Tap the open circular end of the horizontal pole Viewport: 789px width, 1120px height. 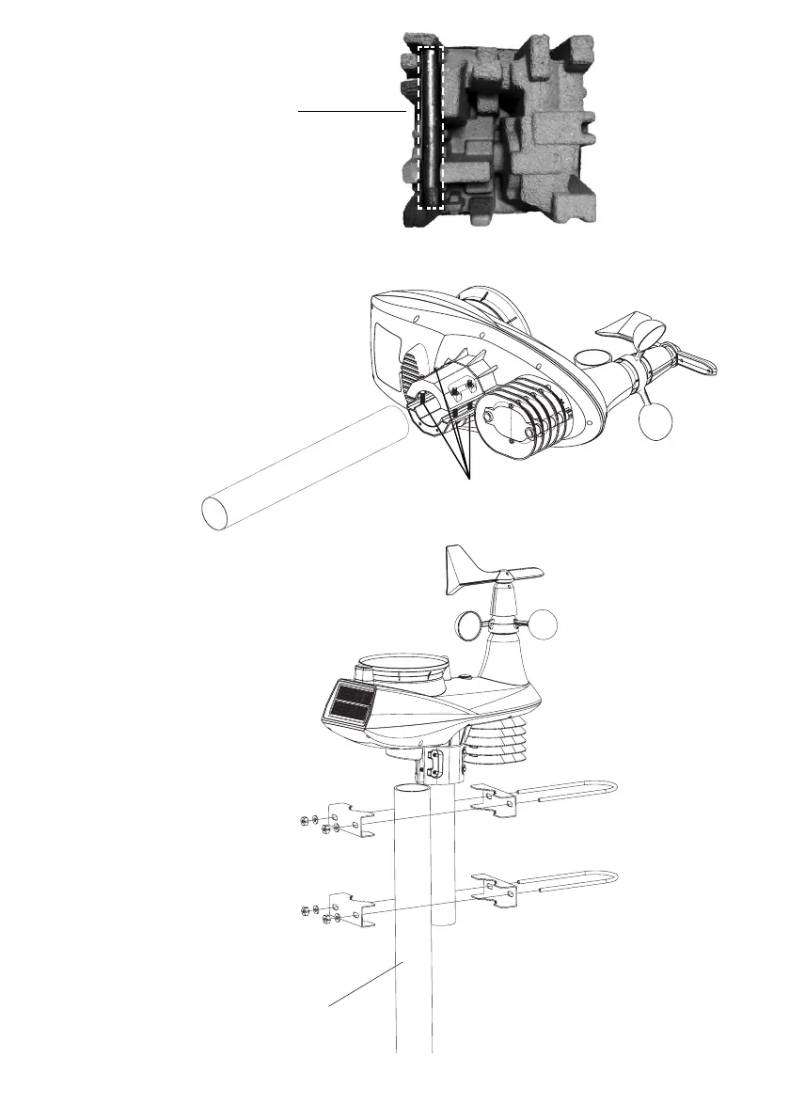click(x=216, y=513)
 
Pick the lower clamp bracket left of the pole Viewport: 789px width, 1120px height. click(x=353, y=909)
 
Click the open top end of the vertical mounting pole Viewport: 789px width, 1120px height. click(x=413, y=787)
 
